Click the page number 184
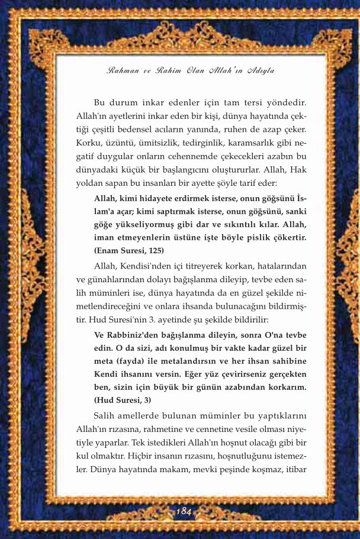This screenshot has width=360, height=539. click(184, 511)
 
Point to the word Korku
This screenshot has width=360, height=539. click(89, 143)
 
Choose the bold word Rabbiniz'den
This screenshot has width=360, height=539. click(131, 334)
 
